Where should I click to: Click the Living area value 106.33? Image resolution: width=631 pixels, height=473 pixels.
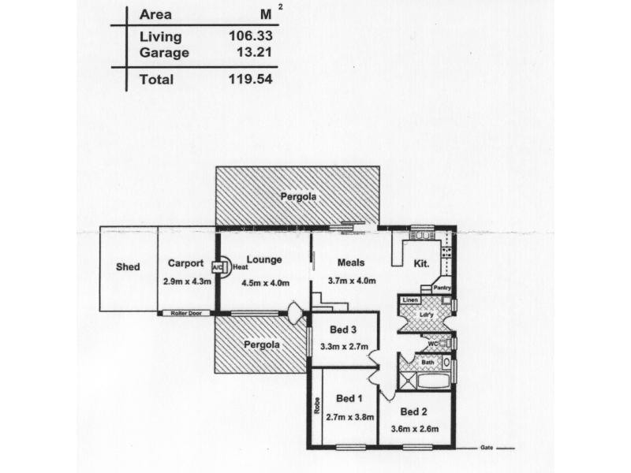pos(251,35)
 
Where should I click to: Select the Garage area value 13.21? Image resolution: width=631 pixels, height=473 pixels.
pos(254,52)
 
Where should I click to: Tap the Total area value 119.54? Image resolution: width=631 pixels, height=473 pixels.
pos(251,79)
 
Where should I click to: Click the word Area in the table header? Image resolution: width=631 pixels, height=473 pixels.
pos(155,14)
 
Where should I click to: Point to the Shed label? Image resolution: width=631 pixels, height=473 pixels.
pos(128,266)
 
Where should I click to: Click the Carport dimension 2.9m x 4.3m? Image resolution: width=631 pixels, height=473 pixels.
pos(187,281)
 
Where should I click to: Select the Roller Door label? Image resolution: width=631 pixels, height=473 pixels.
pos(186,313)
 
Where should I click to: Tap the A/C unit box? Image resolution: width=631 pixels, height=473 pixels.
pos(218,267)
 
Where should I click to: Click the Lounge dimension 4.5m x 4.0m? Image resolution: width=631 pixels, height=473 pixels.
pos(265,283)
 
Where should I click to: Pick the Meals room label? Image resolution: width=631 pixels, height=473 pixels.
pos(351,263)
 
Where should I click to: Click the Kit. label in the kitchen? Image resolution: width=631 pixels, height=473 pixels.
pos(421,264)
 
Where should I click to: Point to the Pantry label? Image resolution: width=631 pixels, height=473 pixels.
pos(442,288)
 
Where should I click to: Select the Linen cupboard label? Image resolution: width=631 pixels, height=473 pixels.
pos(410,300)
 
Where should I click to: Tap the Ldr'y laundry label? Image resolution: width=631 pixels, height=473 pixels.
pos(426,315)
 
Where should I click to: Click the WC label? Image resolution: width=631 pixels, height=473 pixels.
pos(432,344)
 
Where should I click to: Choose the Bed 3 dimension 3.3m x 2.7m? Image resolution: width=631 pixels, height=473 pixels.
pos(344,346)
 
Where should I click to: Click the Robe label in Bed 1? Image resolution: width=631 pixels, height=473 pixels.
pos(317,405)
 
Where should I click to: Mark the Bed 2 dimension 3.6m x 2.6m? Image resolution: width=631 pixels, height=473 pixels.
pos(415,429)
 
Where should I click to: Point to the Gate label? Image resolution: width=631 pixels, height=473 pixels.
pos(487,448)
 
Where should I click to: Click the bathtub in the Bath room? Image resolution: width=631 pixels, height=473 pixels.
pos(434,381)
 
